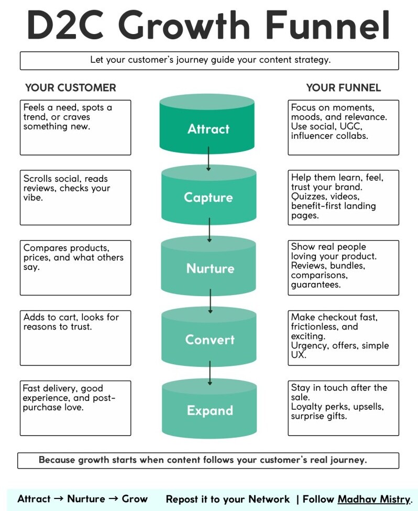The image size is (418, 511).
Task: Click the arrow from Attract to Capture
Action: pyautogui.click(x=208, y=158)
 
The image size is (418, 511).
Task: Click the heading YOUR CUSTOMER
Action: pyautogui.click(x=70, y=88)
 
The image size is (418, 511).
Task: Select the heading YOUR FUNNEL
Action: pyautogui.click(x=343, y=88)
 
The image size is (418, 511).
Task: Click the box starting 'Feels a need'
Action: pyautogui.click(x=75, y=127)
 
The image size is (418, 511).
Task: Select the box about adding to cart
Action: pyautogui.click(x=75, y=338)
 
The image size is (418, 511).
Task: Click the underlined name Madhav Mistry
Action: pyautogui.click(x=374, y=499)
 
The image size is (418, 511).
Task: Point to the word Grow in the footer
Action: pyautogui.click(x=135, y=499)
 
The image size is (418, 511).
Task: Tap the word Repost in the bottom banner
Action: pyautogui.click(x=184, y=499)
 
